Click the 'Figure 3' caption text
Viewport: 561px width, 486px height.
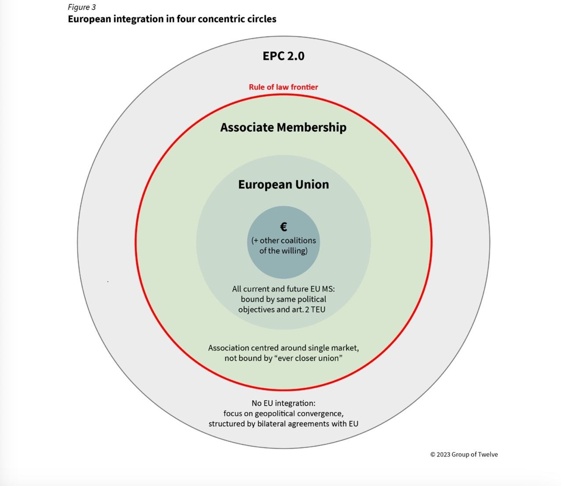coord(82,7)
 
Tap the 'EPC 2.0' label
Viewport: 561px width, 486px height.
coord(284,56)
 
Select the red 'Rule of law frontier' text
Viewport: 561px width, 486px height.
coord(284,87)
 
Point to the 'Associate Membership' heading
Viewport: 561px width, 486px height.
coord(284,127)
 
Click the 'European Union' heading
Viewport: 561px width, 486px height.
coord(284,185)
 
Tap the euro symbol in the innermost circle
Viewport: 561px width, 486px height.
coord(284,227)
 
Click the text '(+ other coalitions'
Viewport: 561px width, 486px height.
coord(284,240)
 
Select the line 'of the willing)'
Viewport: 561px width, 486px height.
coord(284,250)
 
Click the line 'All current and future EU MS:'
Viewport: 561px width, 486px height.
coord(284,289)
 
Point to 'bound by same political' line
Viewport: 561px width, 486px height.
coord(284,299)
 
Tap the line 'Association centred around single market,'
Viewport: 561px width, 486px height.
coord(284,348)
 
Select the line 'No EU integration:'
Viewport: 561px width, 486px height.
coord(284,403)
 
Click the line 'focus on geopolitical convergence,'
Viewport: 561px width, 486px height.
coord(284,414)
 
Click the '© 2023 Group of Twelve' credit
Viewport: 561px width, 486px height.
coord(464,454)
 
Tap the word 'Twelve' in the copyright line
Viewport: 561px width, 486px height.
coord(488,454)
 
